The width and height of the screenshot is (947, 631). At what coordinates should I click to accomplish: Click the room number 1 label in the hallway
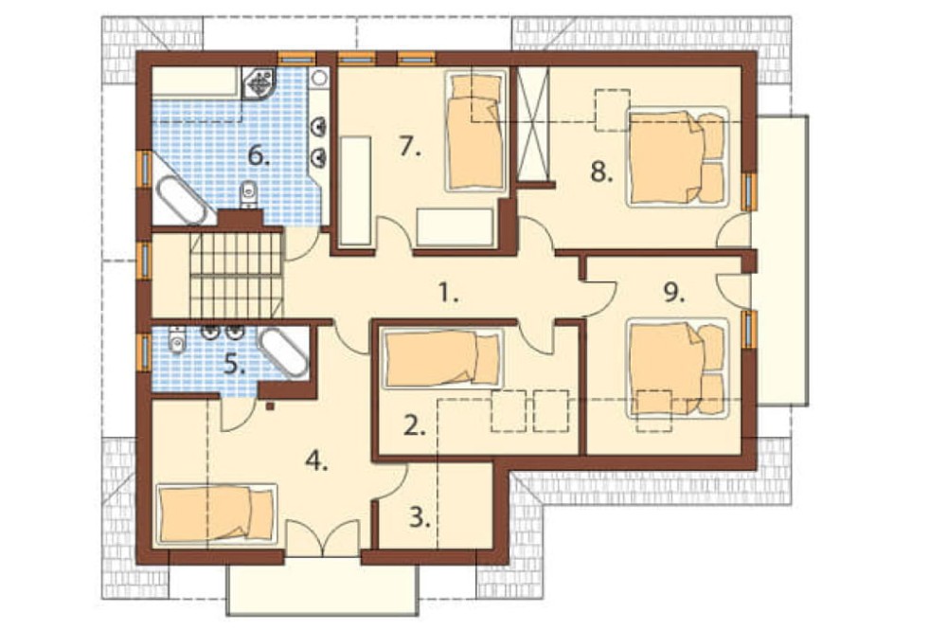click(x=448, y=295)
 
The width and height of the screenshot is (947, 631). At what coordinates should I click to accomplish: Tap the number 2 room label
click(x=415, y=426)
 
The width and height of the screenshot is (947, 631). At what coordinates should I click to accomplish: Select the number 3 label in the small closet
click(x=420, y=517)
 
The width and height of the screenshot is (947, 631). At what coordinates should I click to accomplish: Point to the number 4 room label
click(x=316, y=461)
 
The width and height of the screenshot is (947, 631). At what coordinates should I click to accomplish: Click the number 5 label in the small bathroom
click(x=234, y=365)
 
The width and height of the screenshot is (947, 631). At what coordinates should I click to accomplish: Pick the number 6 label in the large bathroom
click(x=259, y=156)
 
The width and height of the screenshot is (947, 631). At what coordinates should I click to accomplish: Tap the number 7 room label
click(x=410, y=146)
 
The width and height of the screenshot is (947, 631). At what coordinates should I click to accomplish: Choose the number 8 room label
click(x=601, y=171)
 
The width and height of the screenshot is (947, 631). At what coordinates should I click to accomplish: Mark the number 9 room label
click(x=674, y=293)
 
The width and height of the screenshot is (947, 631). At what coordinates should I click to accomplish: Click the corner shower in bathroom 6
click(x=259, y=82)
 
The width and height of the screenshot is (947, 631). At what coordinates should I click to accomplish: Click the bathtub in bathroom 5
click(x=282, y=352)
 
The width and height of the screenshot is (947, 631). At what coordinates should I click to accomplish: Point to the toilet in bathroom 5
click(x=176, y=340)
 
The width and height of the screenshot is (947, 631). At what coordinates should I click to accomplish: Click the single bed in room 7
click(x=476, y=131)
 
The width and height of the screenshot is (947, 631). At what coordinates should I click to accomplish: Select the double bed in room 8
click(x=677, y=156)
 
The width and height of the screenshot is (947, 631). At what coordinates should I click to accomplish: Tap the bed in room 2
click(x=442, y=358)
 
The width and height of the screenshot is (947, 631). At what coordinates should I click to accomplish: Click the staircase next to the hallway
click(x=236, y=275)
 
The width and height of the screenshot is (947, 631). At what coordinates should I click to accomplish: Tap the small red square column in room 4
click(x=270, y=406)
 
